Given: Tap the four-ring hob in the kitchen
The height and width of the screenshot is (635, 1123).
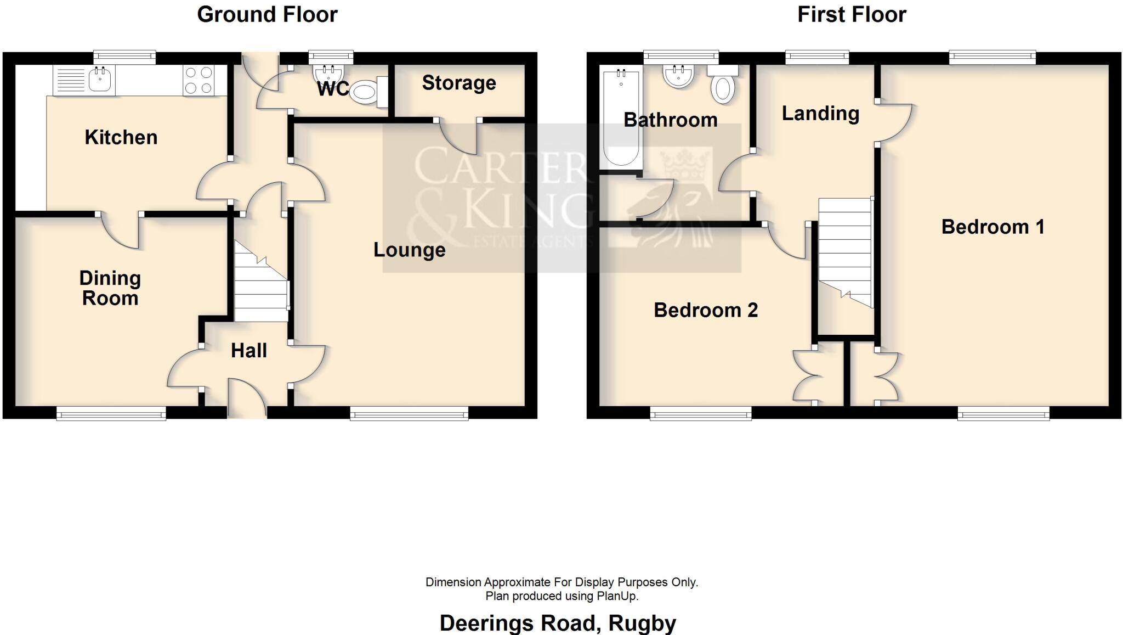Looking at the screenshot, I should click(x=198, y=80).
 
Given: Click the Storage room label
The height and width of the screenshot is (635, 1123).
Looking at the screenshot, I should click(x=459, y=83).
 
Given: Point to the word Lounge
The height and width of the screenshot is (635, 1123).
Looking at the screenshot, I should click(x=409, y=250).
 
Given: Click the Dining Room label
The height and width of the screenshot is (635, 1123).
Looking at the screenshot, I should click(x=110, y=288).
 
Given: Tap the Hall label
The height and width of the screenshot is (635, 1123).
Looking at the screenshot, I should click(x=248, y=351).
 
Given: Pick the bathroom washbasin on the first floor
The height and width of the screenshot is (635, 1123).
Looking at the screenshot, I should click(x=679, y=76).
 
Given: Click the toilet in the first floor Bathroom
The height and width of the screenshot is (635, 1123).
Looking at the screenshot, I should click(x=723, y=88).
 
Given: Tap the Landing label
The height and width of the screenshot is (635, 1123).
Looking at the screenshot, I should click(x=820, y=114).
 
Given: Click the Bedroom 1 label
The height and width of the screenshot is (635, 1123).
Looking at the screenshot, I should click(x=992, y=227).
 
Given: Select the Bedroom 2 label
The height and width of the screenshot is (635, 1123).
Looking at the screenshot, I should click(x=706, y=311).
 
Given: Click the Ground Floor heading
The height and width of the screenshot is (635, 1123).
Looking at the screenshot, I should click(x=267, y=14).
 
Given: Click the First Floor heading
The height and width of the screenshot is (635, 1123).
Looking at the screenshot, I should click(x=851, y=14).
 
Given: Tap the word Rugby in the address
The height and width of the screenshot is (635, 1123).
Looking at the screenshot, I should click(x=642, y=623).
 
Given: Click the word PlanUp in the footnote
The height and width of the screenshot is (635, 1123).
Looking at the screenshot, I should click(x=619, y=596).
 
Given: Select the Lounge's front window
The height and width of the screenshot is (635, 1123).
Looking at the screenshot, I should click(x=409, y=413).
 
